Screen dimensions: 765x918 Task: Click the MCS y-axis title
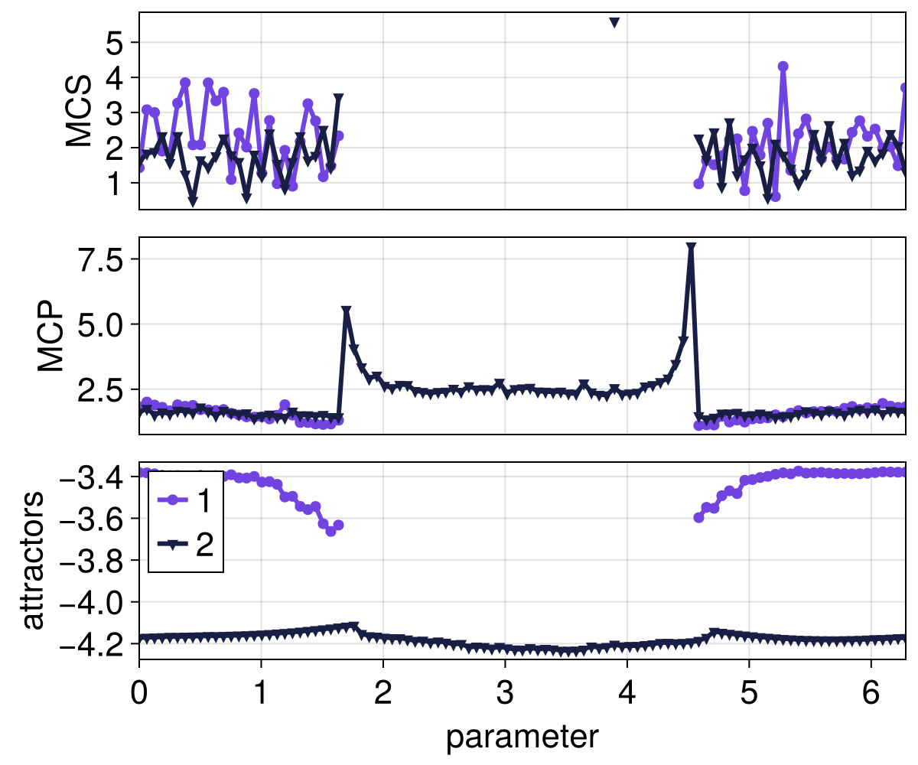pos(79,112)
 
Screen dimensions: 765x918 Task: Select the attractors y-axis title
pos(33,562)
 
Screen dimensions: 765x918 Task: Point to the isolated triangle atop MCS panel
pos(614,23)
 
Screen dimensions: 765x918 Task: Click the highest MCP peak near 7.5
pos(691,248)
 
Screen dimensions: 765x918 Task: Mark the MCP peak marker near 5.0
pos(347,311)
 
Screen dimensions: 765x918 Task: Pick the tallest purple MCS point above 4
pos(783,67)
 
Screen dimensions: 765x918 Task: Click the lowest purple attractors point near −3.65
pos(330,531)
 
